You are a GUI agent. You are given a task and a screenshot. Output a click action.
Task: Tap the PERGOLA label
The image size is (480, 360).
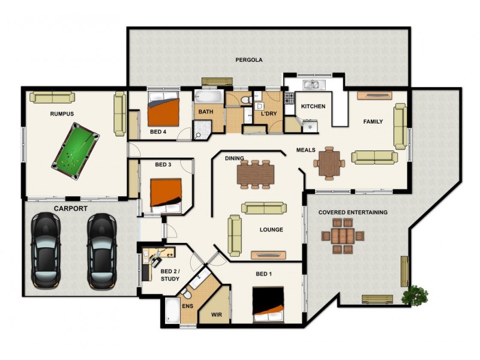tap(248, 60)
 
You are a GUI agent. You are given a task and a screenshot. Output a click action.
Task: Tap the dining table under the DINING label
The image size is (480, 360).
tap(256, 173)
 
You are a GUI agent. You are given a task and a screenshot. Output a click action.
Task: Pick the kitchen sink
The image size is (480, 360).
tap(313, 85)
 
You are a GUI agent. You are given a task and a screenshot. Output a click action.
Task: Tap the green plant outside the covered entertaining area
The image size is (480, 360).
tap(415, 295)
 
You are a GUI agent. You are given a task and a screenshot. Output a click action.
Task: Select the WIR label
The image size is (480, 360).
tap(217, 313)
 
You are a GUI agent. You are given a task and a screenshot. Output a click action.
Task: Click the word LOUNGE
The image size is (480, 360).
tap(271, 230)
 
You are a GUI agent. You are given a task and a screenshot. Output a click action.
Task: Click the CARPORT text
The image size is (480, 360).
tap(70, 208)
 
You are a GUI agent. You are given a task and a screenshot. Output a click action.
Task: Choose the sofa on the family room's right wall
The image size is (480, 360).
tap(400, 126)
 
